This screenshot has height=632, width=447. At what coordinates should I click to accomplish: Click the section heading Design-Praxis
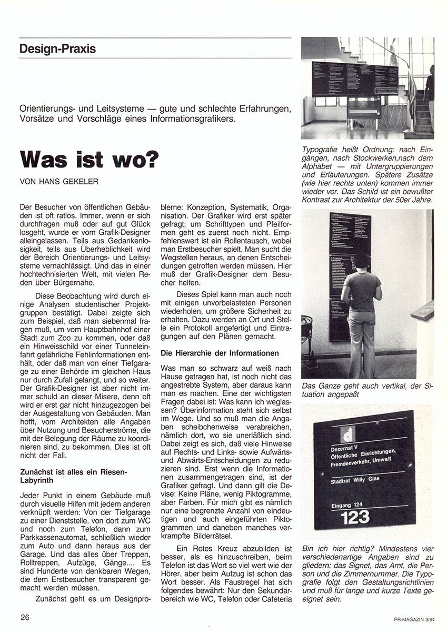(57, 49)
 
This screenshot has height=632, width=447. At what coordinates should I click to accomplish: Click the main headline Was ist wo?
(89, 160)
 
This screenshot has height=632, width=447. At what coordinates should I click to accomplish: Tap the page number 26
(26, 617)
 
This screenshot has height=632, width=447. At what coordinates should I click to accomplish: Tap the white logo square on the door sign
(348, 433)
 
